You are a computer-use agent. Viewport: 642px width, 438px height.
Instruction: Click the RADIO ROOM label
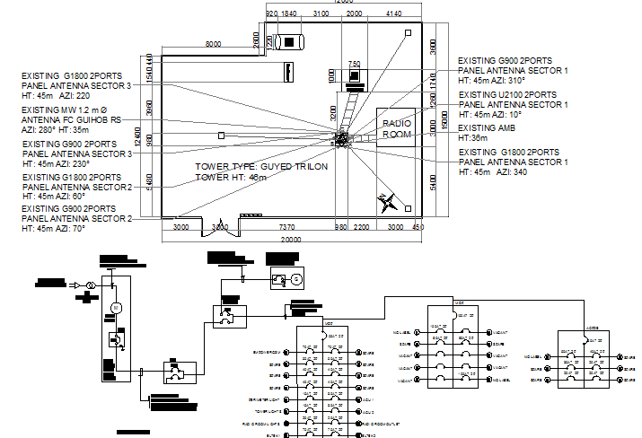click(x=396, y=129)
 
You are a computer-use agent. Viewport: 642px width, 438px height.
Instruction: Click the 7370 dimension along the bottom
click(x=286, y=228)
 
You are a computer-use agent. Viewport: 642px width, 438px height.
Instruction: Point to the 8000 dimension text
click(x=213, y=44)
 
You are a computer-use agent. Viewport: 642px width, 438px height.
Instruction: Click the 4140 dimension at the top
click(x=392, y=14)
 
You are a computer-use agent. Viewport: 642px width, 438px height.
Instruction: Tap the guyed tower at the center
click(x=342, y=139)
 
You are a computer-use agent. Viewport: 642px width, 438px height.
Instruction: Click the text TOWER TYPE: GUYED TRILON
click(x=261, y=167)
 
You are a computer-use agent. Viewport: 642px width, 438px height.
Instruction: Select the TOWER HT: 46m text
click(x=232, y=178)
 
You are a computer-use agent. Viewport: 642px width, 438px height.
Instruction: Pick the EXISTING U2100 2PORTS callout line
click(x=507, y=94)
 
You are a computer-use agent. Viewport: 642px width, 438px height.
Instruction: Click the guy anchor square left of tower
click(x=221, y=136)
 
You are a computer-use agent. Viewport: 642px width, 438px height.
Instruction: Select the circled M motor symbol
click(x=114, y=308)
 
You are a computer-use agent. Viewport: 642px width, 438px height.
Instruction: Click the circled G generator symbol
click(x=294, y=279)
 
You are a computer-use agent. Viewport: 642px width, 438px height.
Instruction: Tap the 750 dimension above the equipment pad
click(x=354, y=64)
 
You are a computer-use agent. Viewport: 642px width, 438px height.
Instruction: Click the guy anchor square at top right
click(x=408, y=32)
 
